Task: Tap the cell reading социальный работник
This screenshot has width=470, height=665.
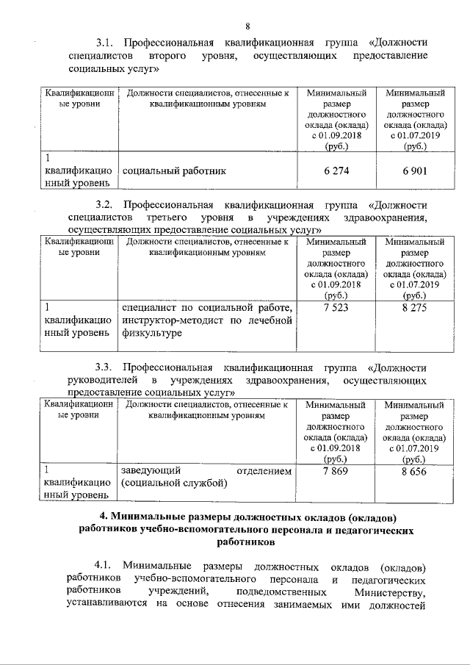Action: tap(174, 170)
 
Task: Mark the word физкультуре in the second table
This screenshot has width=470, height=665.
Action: tap(152, 333)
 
